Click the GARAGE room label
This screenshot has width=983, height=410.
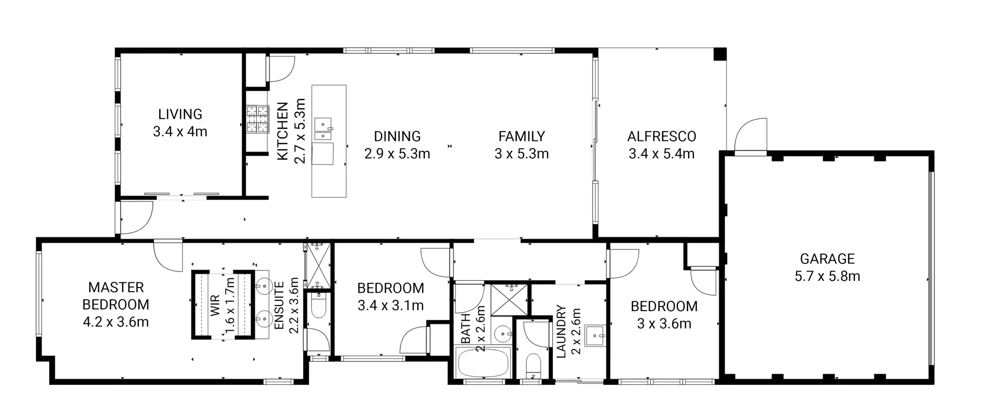coord(827,259)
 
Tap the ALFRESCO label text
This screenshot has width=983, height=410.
coord(661,136)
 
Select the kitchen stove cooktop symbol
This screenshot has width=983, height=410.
coord(258,119)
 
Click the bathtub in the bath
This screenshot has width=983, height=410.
coord(483,363)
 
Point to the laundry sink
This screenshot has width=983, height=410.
coord(595,336)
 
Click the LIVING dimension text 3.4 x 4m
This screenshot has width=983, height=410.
coord(180,132)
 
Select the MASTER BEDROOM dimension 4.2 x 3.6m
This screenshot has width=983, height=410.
coord(116,322)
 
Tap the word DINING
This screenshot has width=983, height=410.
coord(397,136)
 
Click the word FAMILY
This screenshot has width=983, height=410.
coord(522,136)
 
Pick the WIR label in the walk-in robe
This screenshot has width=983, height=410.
coord(215,305)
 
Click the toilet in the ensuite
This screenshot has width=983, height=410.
coord(317,306)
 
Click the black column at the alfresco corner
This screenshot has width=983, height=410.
coord(720,54)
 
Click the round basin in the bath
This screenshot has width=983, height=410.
coord(502,335)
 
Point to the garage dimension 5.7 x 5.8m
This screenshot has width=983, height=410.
coord(827,276)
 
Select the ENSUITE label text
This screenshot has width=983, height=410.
coord(279,305)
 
